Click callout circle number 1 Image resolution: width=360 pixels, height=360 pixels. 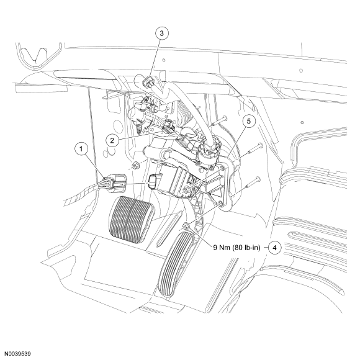(81, 148)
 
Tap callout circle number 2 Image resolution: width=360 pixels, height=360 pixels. (112, 140)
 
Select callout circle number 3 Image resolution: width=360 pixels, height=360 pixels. (161, 34)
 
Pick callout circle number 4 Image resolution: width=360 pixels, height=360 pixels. (274, 248)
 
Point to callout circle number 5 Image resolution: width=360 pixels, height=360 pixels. (250, 121)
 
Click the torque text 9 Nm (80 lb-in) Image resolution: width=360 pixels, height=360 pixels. (237, 248)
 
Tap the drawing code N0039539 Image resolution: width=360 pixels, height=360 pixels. (18, 354)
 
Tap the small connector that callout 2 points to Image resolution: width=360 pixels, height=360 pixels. (168, 128)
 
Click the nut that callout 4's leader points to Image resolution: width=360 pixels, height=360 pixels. (186, 227)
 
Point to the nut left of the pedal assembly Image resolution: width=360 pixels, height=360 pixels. (136, 165)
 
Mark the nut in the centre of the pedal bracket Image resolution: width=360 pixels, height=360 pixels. (186, 190)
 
